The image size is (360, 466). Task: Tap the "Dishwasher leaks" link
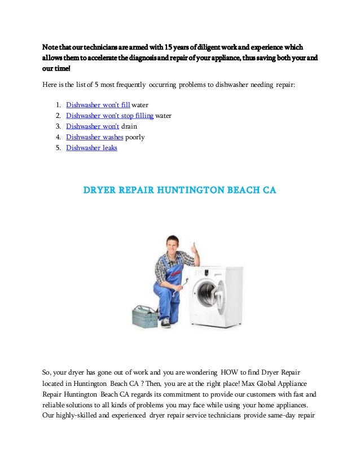[x=91, y=148]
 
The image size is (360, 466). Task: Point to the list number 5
[x=58, y=148]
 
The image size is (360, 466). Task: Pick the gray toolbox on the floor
[x=144, y=316]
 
